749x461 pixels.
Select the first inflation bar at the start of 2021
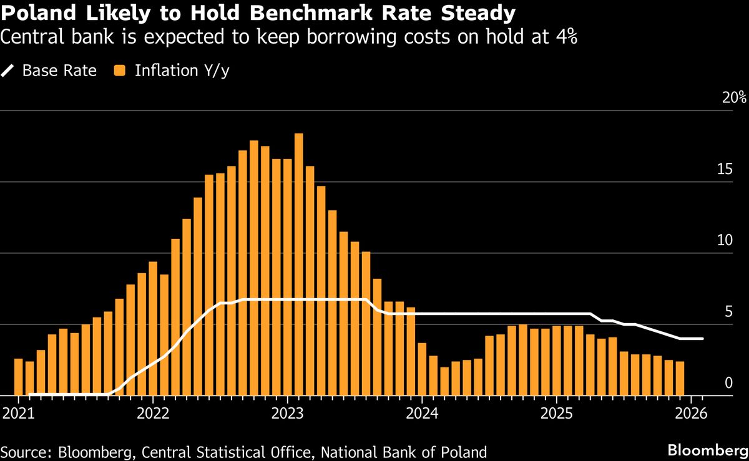pos(19,377)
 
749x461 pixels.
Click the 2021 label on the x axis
pos(17,413)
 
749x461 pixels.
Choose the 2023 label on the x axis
pos(288,413)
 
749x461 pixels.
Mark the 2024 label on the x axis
pos(423,413)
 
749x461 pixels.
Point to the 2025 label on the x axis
pos(557,413)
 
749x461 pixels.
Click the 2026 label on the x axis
pos(692,413)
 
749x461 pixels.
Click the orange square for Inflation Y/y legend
pos(120,70)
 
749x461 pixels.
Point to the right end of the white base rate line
pos(703,339)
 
